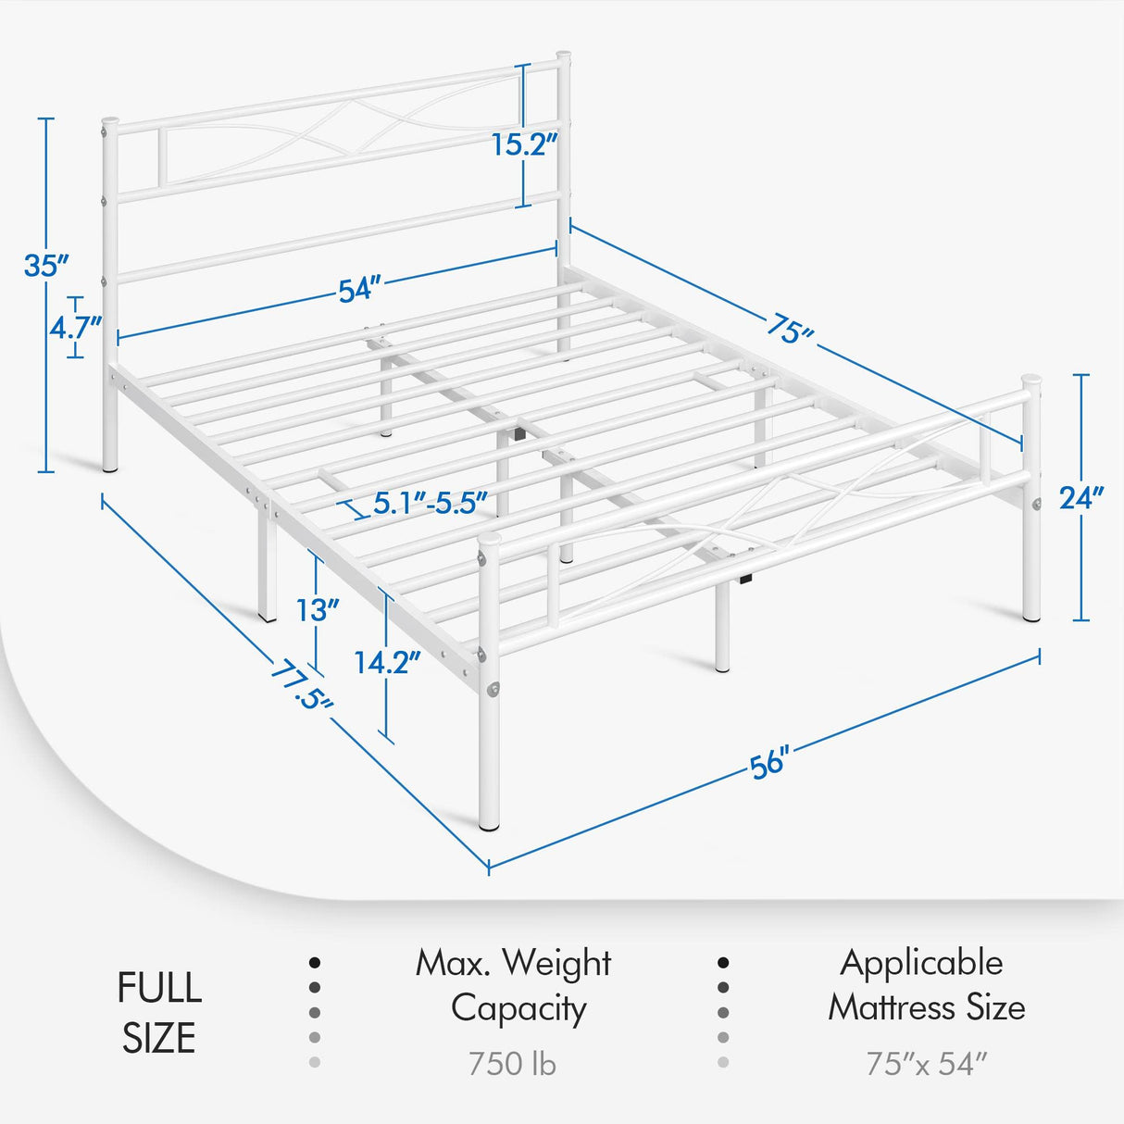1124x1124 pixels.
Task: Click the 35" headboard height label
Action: click(46, 266)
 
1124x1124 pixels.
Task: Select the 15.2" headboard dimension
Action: click(524, 144)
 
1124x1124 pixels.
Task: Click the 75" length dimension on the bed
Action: click(790, 329)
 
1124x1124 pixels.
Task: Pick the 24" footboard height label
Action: click(1081, 498)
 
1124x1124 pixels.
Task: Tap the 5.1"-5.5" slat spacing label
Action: click(430, 504)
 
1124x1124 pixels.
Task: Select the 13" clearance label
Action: click(318, 611)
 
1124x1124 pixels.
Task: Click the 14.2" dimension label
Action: click(387, 662)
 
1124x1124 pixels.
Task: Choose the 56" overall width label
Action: click(768, 764)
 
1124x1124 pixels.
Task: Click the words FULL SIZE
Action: click(158, 1013)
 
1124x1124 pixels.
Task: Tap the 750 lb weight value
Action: click(512, 1064)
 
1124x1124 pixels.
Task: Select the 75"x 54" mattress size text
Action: click(927, 1064)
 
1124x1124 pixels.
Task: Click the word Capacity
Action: click(518, 1009)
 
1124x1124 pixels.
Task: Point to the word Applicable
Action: click(921, 963)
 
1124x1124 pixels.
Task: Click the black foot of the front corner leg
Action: click(489, 821)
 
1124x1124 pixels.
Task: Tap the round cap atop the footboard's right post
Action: click(1030, 380)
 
